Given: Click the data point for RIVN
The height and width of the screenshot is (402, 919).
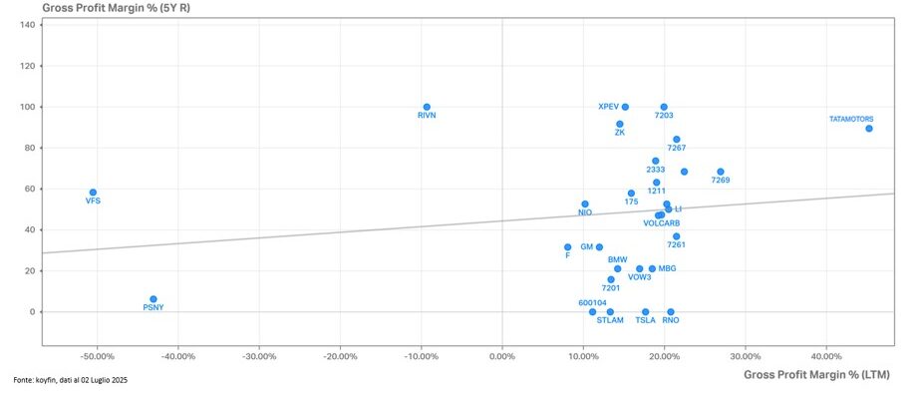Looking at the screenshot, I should pos(427,107).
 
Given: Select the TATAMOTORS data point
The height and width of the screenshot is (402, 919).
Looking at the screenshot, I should pos(869,129).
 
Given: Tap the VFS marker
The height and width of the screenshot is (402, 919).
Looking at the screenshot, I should pos(93,193).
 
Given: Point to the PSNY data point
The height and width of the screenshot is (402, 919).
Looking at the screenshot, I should pos(153,299).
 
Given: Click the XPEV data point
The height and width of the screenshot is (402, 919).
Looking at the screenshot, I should pos(625,107).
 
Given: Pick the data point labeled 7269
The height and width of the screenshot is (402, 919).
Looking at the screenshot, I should pos(721,172).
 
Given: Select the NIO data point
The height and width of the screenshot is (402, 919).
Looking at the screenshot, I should pos(585,203).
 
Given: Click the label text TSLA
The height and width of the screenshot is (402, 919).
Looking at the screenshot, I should pos(646,320).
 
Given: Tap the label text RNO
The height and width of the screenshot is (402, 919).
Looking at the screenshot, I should pos(671,320).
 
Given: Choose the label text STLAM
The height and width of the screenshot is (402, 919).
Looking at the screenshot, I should pos(610,320).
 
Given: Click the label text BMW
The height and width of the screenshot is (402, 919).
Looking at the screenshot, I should pos(618,259).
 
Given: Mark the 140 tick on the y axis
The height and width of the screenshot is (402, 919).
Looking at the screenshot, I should pos(29,25).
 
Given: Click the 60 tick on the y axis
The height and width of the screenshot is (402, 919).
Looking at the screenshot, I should pos(31,189).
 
